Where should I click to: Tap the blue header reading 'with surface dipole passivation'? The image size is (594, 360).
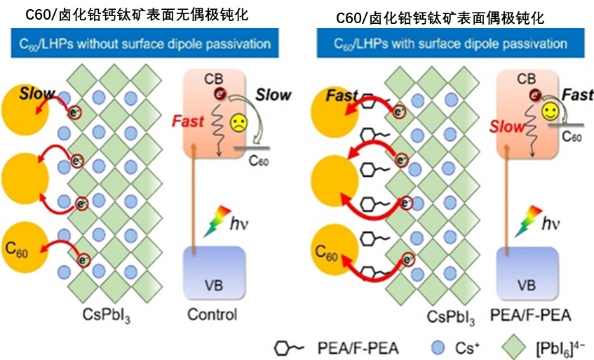point(441,43)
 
